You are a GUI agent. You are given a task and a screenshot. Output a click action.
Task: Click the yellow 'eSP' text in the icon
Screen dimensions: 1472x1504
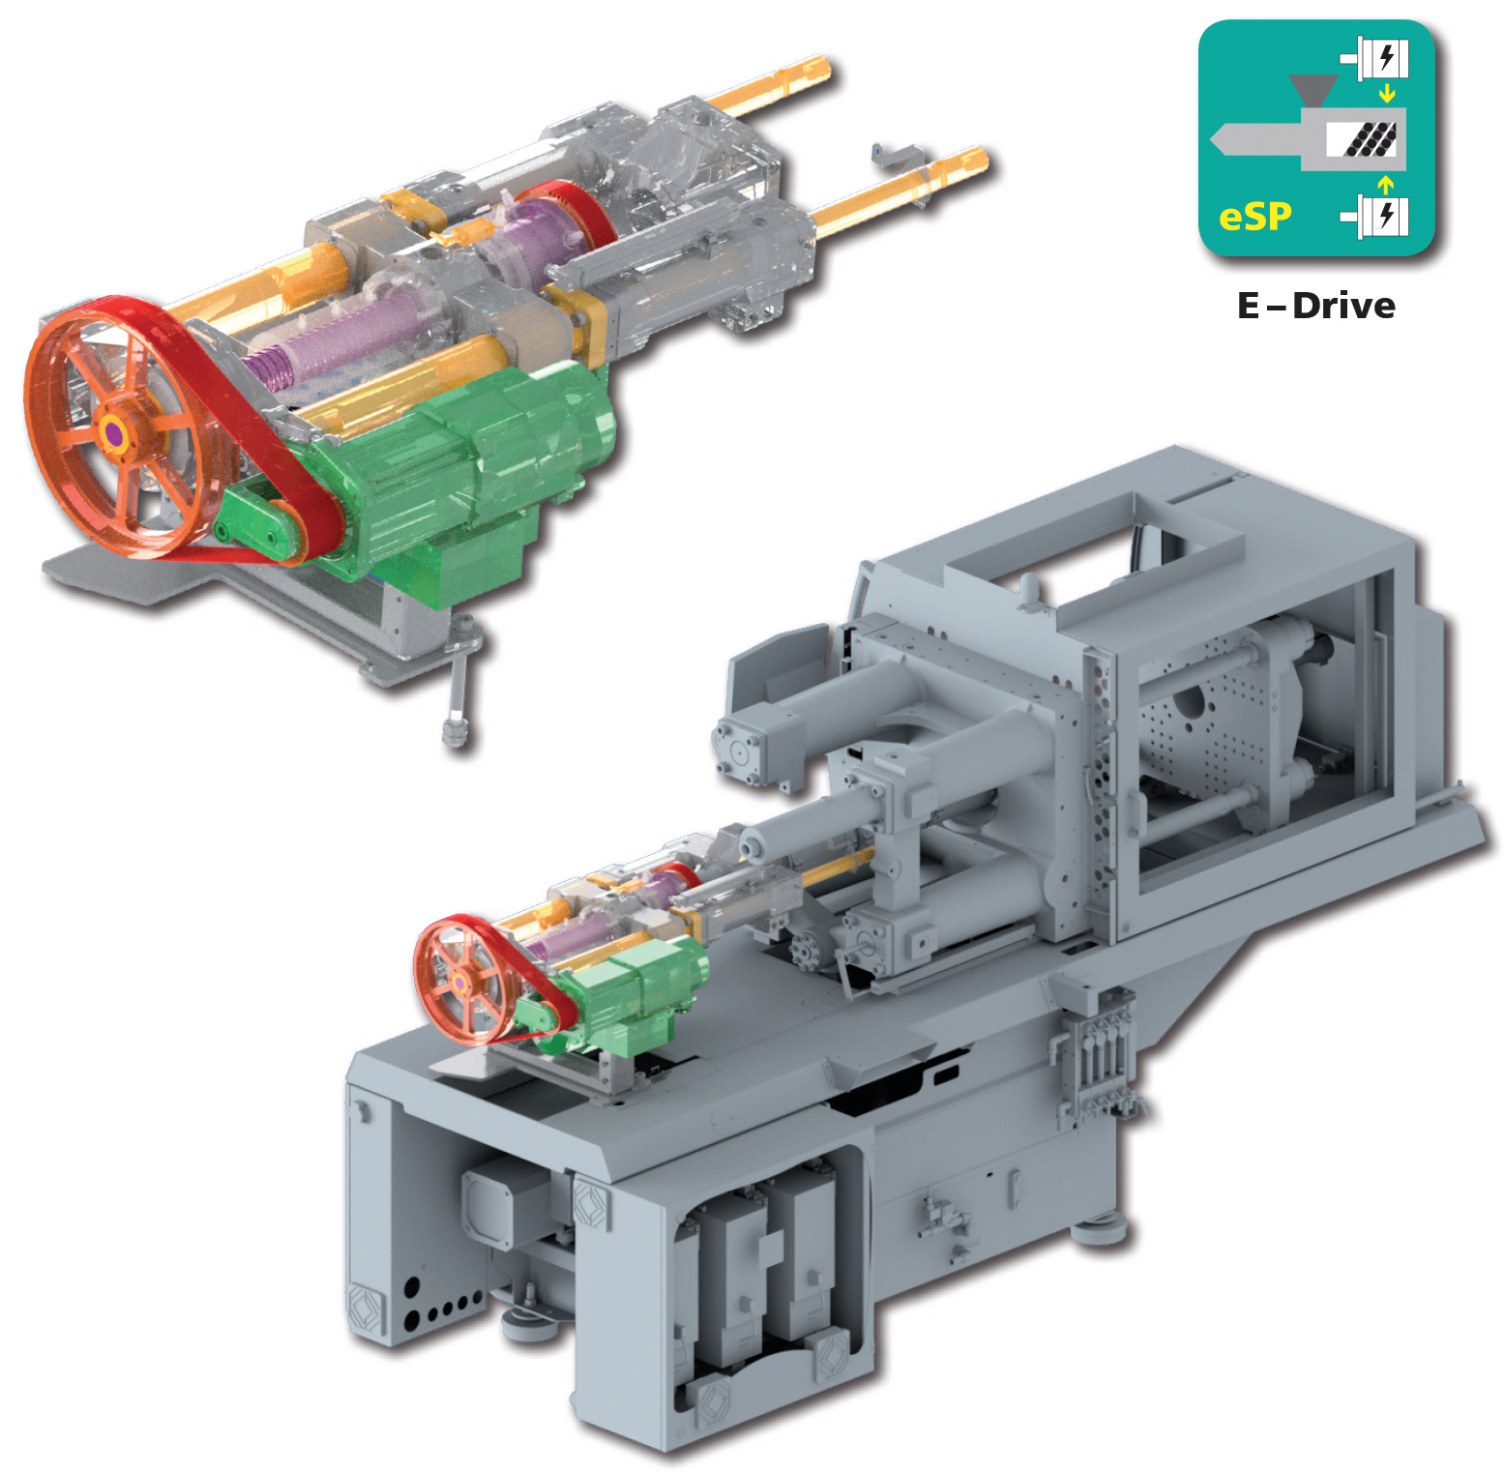(1254, 216)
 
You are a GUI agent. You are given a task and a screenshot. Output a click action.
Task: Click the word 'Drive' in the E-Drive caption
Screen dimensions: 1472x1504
(1343, 306)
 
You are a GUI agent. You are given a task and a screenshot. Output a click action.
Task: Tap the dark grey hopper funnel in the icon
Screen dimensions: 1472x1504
(1312, 89)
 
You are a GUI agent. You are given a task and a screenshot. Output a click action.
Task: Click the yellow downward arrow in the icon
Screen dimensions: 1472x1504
(1387, 94)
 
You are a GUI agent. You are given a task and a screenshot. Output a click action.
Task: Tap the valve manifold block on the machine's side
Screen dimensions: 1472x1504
(1098, 1054)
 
